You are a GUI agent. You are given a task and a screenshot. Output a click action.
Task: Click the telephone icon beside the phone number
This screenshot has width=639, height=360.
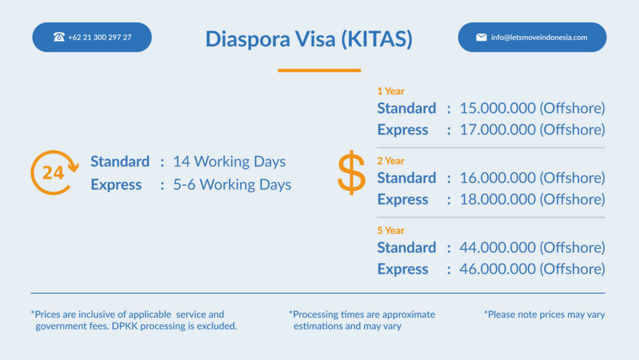click(59, 37)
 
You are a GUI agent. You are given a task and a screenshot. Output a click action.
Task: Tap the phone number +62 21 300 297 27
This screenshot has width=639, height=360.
click(100, 37)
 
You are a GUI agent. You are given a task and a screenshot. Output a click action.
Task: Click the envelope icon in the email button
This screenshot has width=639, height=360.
click(481, 37)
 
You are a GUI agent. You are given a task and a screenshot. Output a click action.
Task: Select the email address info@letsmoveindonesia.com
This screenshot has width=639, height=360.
click(539, 37)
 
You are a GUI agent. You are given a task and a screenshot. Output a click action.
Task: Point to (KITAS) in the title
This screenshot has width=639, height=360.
click(377, 39)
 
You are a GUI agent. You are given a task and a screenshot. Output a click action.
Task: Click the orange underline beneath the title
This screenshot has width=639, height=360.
click(319, 71)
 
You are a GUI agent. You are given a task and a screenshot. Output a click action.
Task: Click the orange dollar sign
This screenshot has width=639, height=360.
click(352, 173)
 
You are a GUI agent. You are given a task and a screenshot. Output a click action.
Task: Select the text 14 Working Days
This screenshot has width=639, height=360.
click(230, 162)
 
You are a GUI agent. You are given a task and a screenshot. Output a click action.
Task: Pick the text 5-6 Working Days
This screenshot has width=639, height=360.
click(232, 185)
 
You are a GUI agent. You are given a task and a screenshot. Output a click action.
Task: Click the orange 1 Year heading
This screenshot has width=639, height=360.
click(391, 91)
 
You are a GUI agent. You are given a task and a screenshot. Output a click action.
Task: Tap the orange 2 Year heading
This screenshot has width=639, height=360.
click(391, 161)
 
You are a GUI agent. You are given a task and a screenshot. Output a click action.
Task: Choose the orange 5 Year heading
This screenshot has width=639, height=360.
click(391, 230)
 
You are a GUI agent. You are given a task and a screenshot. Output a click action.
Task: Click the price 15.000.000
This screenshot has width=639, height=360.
click(497, 109)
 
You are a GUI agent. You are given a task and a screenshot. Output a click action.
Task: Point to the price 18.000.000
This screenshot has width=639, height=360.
click(497, 200)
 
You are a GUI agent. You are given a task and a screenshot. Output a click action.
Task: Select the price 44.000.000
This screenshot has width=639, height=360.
click(497, 248)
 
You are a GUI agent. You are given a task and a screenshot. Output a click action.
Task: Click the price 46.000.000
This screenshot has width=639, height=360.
click(497, 269)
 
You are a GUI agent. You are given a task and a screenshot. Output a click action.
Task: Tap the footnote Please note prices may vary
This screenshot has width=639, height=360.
click(544, 314)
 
